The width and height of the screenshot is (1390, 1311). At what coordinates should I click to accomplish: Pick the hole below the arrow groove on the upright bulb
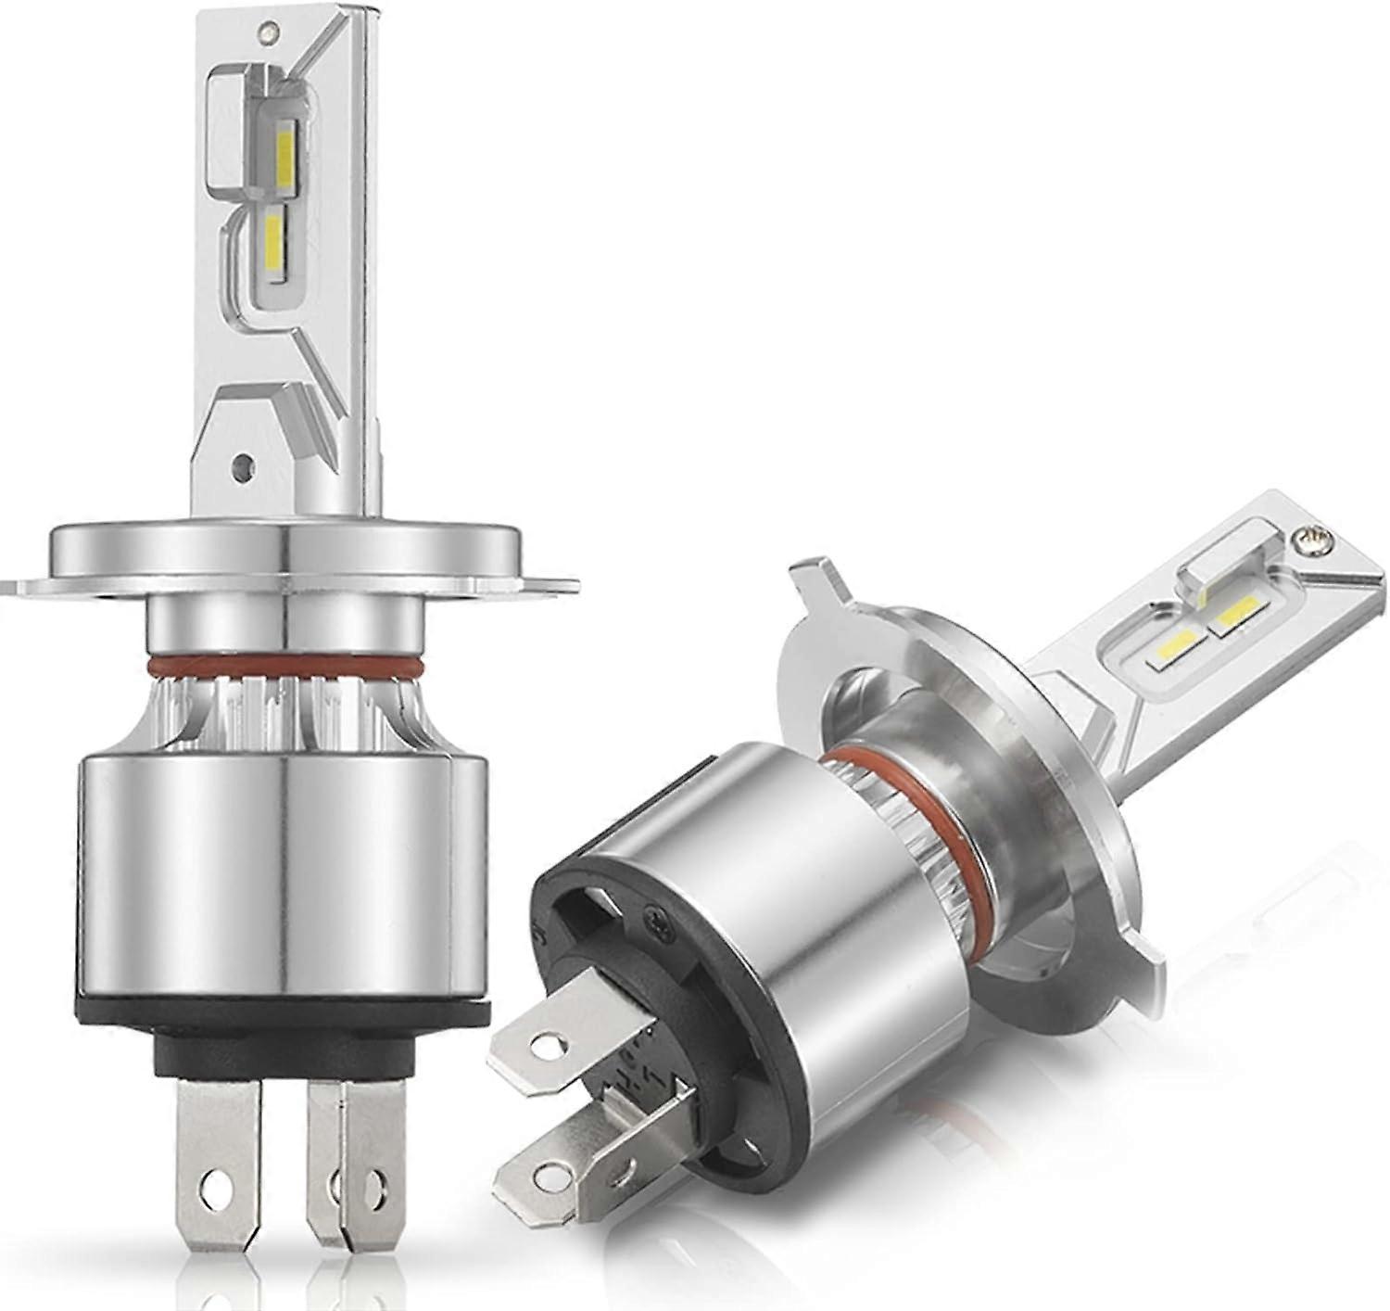coord(243,461)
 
